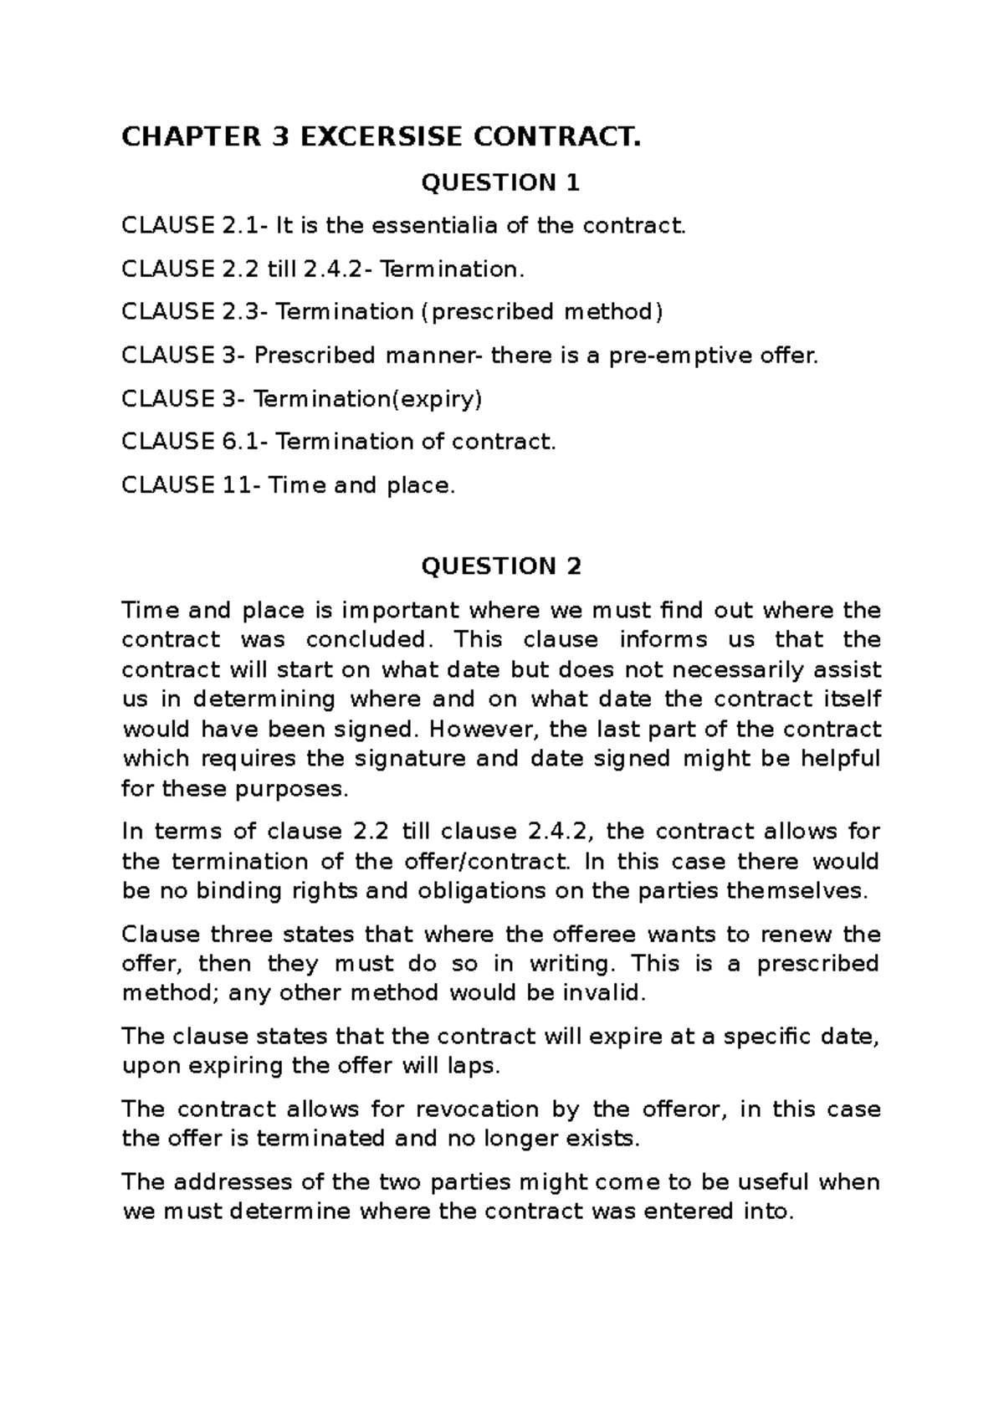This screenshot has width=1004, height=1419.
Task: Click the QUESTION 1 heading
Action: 500,182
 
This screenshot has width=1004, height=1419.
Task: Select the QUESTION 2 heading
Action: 500,566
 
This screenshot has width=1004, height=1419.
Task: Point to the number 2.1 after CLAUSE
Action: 238,226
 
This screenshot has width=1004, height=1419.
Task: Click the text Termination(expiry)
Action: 367,398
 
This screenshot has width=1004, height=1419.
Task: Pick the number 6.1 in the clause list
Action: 239,442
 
